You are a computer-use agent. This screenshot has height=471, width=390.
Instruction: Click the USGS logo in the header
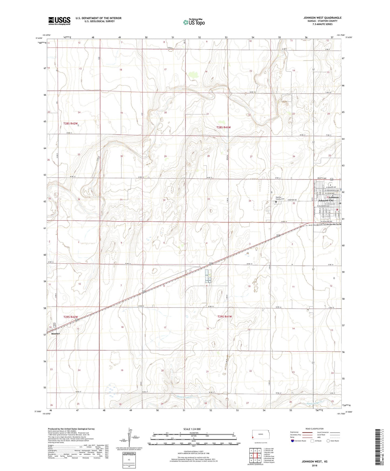[59, 21]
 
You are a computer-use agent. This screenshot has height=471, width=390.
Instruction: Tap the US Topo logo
[194, 22]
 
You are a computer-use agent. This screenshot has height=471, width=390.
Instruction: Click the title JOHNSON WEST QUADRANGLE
[322, 18]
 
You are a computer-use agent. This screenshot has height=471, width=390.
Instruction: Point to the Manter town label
[56, 334]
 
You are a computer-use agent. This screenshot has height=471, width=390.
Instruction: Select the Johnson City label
[326, 200]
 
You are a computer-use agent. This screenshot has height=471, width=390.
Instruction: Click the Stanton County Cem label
[278, 198]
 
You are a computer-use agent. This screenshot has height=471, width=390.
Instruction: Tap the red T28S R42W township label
[71, 124]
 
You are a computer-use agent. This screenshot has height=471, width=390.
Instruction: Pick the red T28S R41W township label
[224, 127]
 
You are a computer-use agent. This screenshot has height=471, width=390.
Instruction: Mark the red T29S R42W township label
[71, 317]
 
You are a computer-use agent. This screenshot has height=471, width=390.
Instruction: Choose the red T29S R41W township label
[225, 316]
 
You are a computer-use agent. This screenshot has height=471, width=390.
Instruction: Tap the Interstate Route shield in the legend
[293, 441]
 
